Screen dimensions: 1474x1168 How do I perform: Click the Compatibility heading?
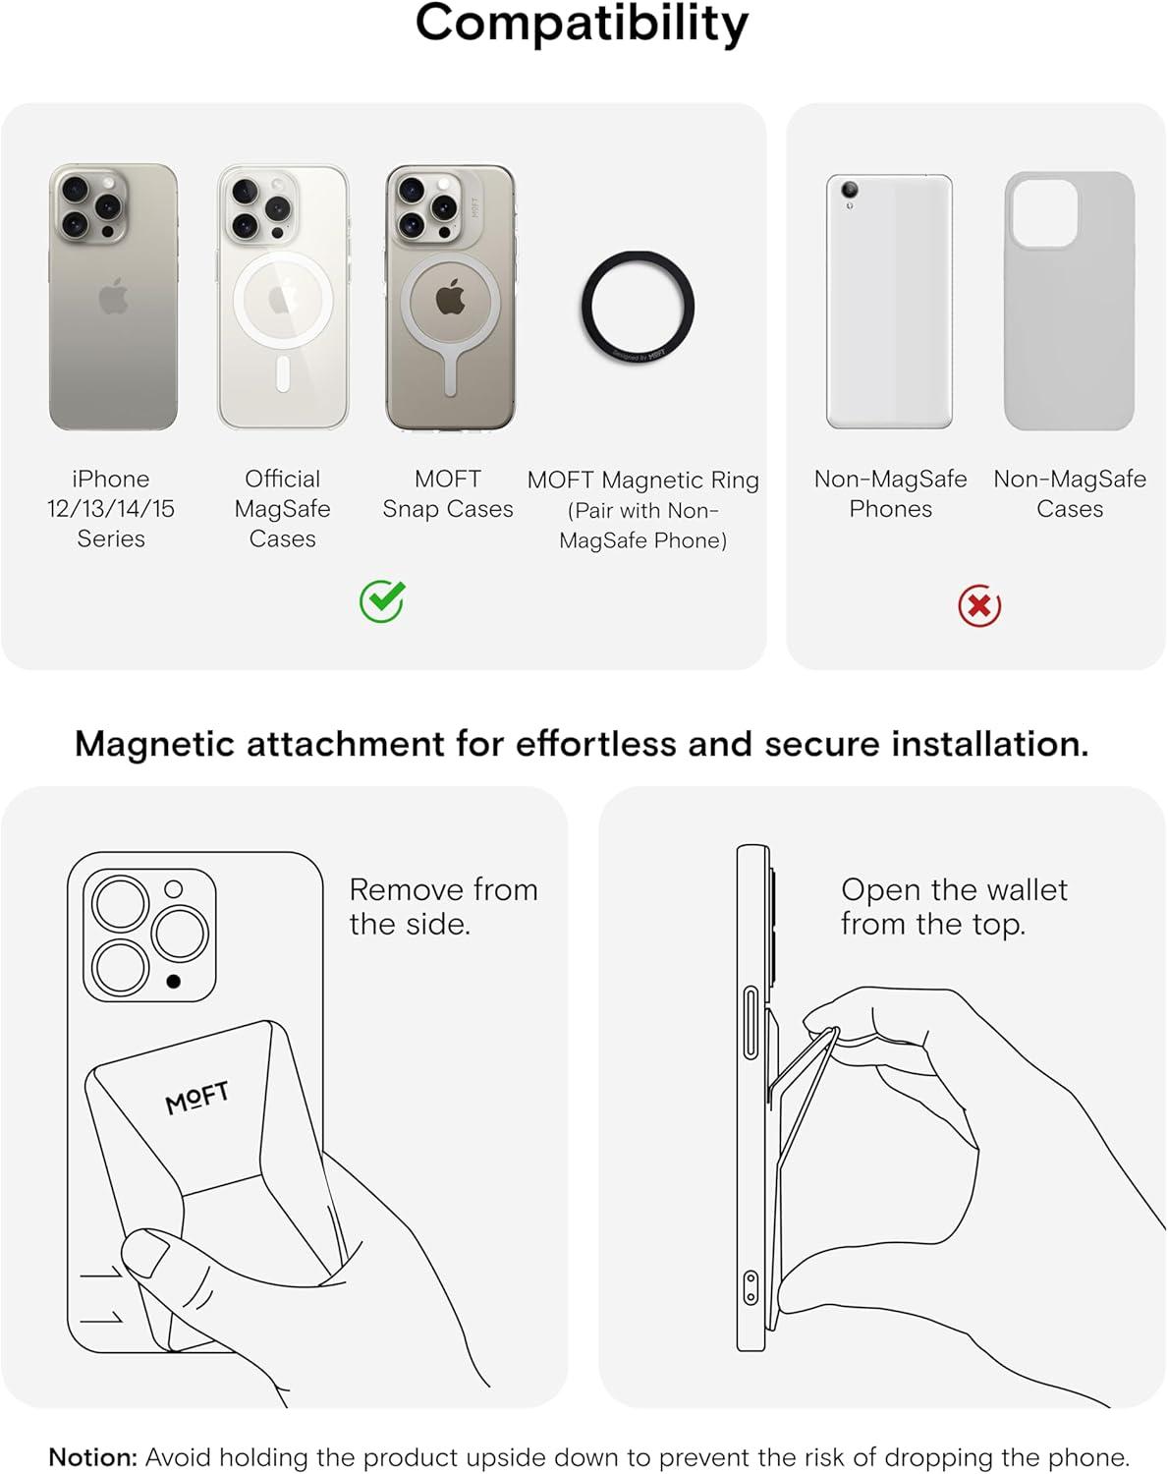[x=582, y=24]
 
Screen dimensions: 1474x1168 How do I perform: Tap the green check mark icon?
[x=381, y=601]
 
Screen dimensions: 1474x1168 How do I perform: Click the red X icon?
[x=979, y=606]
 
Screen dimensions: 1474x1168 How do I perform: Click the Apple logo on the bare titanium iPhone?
[x=114, y=295]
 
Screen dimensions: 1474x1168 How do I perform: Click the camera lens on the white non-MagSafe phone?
[x=850, y=190]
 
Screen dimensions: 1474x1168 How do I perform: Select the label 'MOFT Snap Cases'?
[x=448, y=494]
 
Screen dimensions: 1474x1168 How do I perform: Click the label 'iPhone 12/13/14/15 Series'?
[x=111, y=509]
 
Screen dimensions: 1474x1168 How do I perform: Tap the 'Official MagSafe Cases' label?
[x=283, y=509]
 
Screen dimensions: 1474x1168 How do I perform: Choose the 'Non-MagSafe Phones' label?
[x=890, y=494]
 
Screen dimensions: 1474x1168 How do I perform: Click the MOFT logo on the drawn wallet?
[x=197, y=1098]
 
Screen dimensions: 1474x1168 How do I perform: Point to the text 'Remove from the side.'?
[x=443, y=906]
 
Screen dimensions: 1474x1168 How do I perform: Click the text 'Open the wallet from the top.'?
[x=953, y=906]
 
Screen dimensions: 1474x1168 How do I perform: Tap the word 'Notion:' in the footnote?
[x=93, y=1457]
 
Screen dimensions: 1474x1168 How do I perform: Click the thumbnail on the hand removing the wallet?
[x=144, y=1255]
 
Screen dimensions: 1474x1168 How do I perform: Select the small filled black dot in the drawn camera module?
[x=174, y=981]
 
